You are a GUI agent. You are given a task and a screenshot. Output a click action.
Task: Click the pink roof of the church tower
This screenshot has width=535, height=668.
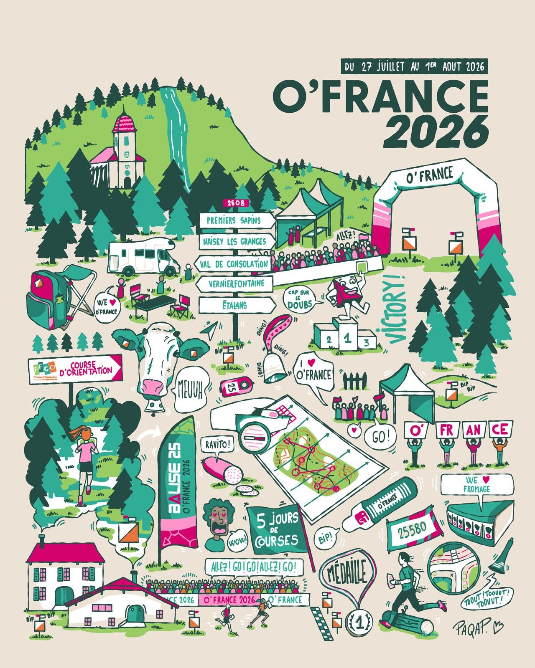point(124,124)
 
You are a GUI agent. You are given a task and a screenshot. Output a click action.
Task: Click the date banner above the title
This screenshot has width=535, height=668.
point(414,66)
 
